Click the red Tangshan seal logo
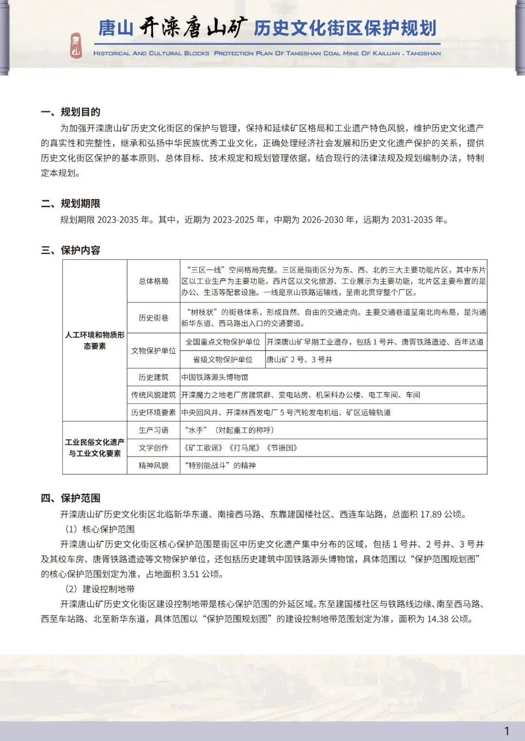click(x=75, y=46)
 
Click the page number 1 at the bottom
click(x=507, y=730)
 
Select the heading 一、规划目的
click(x=70, y=112)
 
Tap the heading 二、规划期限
click(x=70, y=203)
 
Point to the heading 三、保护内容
click(x=70, y=250)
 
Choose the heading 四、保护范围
click(x=70, y=498)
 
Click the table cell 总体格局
click(x=153, y=281)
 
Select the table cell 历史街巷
click(x=153, y=318)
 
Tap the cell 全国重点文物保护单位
click(x=223, y=342)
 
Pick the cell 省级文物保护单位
click(x=223, y=359)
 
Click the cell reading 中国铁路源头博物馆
click(x=215, y=377)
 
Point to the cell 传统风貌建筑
click(x=153, y=395)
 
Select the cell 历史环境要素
click(x=153, y=412)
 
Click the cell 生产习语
click(x=153, y=430)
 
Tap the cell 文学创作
click(x=153, y=448)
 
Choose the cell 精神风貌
click(x=153, y=465)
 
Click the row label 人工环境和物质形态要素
click(x=95, y=340)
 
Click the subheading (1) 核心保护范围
click(x=100, y=529)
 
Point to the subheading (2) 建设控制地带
click(x=100, y=589)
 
